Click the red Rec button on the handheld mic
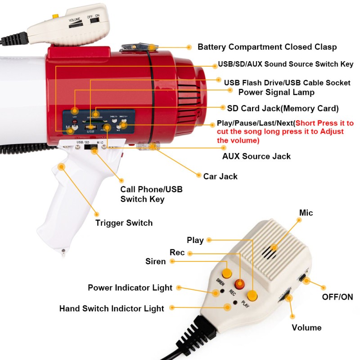(240, 284)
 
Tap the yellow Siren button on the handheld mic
(227, 273)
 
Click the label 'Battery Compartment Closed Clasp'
(267, 47)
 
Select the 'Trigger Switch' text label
(124, 223)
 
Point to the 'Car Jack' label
(220, 176)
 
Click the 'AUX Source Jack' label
(256, 157)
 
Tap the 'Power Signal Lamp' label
(276, 92)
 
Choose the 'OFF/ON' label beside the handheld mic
(337, 297)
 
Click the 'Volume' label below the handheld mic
(306, 328)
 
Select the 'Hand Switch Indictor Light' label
(112, 309)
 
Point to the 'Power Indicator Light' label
(130, 288)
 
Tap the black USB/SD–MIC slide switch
(92, 149)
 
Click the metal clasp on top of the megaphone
(135, 47)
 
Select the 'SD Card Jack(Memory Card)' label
(283, 108)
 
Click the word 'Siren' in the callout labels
(155, 261)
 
